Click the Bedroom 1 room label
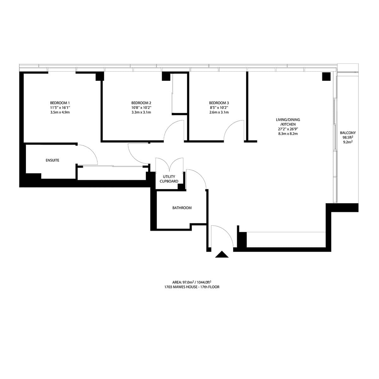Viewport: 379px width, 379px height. click(x=60, y=103)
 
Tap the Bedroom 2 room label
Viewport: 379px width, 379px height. click(x=141, y=103)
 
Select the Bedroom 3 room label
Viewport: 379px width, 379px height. click(x=219, y=103)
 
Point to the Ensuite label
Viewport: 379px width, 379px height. click(x=52, y=160)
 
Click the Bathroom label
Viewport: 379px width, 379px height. click(x=182, y=208)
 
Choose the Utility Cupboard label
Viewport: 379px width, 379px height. click(x=169, y=179)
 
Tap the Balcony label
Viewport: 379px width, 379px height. click(x=348, y=133)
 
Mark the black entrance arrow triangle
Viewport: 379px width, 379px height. click(x=222, y=255)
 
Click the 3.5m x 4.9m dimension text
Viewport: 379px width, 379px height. click(x=60, y=112)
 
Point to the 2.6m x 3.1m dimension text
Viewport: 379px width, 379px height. click(x=219, y=112)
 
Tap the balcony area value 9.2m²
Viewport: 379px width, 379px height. click(x=348, y=142)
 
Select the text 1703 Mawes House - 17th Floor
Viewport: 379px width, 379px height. click(x=192, y=287)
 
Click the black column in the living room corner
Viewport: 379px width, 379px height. click(x=326, y=76)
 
